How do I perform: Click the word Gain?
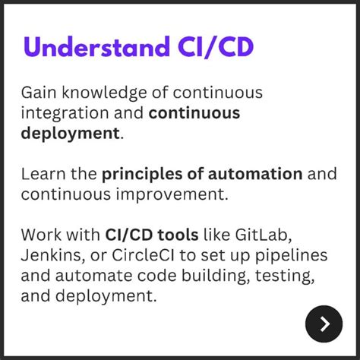pos(38,93)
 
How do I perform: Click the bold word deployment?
pos(71,134)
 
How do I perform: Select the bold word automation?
pos(256,174)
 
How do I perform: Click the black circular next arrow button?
pos(324,324)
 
